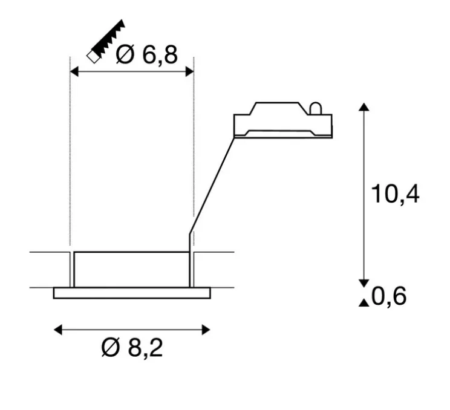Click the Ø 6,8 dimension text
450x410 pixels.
147,55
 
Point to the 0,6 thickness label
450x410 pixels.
389,297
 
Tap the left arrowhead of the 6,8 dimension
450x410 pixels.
75,72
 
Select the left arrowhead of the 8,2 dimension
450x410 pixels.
58,330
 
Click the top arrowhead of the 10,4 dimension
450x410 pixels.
364,107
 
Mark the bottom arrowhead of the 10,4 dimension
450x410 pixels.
364,282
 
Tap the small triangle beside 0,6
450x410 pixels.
364,302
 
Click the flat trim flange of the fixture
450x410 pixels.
132,293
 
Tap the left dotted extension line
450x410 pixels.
71,157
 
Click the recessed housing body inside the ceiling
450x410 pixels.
131,269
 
